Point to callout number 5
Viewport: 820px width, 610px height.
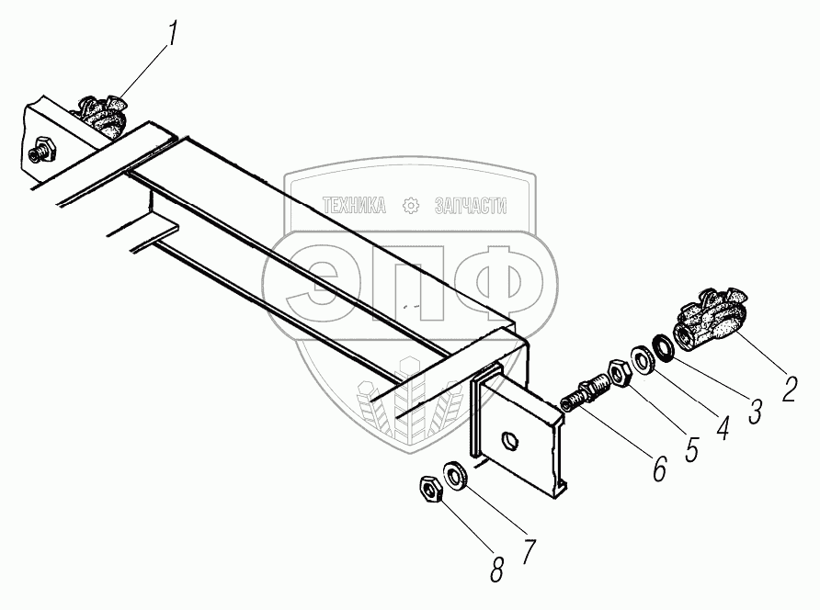click(x=691, y=447)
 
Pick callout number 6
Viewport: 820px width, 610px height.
click(x=659, y=469)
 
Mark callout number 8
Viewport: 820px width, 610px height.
click(x=497, y=570)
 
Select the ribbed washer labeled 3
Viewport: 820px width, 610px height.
click(x=662, y=350)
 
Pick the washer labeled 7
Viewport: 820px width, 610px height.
click(x=455, y=475)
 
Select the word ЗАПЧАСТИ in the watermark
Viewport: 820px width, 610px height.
click(x=470, y=206)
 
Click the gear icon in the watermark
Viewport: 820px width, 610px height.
click(x=411, y=206)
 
